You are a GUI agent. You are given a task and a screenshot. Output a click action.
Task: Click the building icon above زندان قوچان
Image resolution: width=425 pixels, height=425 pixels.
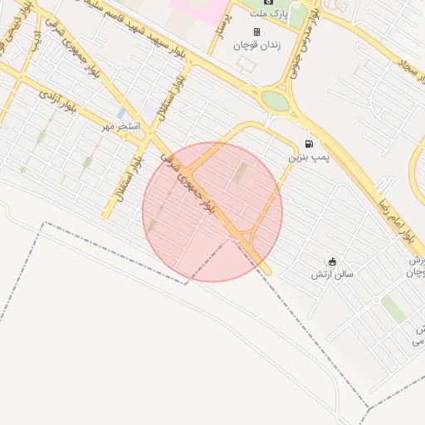[x=256, y=32]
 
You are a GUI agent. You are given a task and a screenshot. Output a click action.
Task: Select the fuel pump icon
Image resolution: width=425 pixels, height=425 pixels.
[x=310, y=143]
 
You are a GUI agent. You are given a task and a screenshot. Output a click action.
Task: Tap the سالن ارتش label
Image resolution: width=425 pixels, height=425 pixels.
[x=333, y=274]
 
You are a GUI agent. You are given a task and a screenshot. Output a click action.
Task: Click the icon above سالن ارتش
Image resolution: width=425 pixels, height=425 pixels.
[x=333, y=261]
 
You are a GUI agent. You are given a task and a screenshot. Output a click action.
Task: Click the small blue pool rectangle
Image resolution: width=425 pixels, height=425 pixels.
[x=121, y=112]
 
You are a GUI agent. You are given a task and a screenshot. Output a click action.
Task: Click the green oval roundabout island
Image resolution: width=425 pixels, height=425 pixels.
[x=274, y=100]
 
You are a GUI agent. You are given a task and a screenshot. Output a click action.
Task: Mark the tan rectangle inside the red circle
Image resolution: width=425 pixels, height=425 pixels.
[x=240, y=173]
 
